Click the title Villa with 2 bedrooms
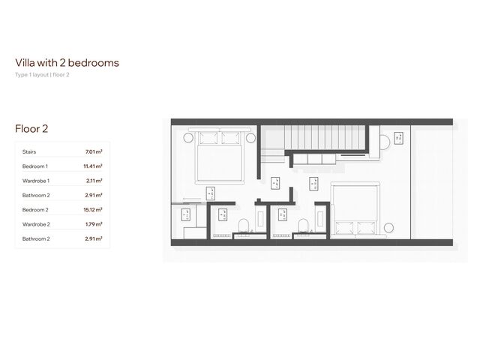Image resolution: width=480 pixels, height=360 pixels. coord(67,63)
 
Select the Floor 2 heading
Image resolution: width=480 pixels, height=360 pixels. coord(31,129)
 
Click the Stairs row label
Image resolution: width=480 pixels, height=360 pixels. coord(29,151)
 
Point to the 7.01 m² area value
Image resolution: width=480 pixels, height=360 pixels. coord(94,151)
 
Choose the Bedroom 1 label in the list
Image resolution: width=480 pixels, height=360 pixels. coord(35,166)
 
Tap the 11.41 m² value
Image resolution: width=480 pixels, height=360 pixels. coord(93,166)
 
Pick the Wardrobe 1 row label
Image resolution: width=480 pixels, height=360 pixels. coord(36,181)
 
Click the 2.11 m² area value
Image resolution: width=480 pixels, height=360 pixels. coord(94,181)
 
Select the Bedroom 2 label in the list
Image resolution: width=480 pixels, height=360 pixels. coord(35,210)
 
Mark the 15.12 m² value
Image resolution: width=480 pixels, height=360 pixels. coord(93,210)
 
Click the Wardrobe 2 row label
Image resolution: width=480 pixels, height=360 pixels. coord(36,224)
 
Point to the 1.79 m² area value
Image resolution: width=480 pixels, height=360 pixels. coord(94,224)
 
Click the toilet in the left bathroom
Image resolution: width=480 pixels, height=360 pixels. coord(244,227)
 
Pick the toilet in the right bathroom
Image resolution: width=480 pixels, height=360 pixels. coord(303,227)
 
